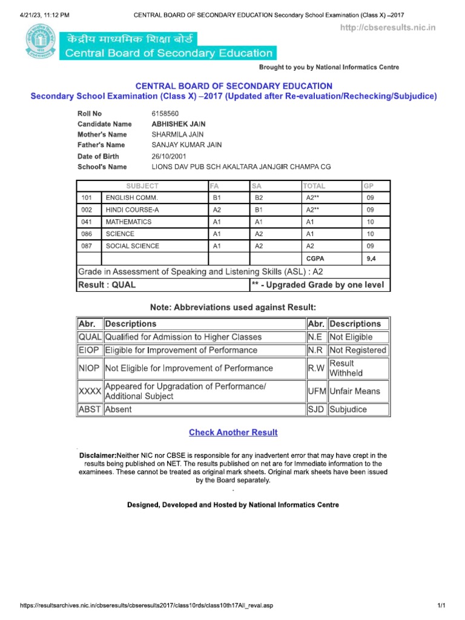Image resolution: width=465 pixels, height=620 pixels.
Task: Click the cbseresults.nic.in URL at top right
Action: (x=387, y=28)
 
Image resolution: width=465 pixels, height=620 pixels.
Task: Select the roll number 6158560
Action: (x=165, y=113)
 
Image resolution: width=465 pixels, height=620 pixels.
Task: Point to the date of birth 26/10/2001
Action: (x=170, y=156)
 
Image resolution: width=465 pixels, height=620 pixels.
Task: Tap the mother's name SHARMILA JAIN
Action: (x=177, y=134)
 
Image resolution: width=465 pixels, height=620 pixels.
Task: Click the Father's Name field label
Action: (x=101, y=145)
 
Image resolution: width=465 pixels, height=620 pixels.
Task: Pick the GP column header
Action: (x=369, y=186)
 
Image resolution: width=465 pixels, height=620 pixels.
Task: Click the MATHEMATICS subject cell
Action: (x=128, y=222)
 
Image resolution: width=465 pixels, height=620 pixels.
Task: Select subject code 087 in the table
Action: (x=86, y=246)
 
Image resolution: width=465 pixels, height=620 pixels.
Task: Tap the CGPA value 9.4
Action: (x=371, y=259)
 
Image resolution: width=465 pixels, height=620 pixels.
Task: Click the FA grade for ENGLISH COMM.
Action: (x=217, y=198)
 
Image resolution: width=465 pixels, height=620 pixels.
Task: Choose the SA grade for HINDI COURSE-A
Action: (x=259, y=210)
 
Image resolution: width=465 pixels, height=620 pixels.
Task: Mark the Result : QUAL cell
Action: (x=107, y=285)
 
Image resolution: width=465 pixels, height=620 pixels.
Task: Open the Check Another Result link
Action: (x=233, y=432)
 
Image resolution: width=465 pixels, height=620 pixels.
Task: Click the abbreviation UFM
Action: (x=316, y=391)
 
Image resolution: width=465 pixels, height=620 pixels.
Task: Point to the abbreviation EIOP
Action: (x=90, y=350)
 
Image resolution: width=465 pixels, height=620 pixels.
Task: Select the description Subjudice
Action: (x=348, y=409)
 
